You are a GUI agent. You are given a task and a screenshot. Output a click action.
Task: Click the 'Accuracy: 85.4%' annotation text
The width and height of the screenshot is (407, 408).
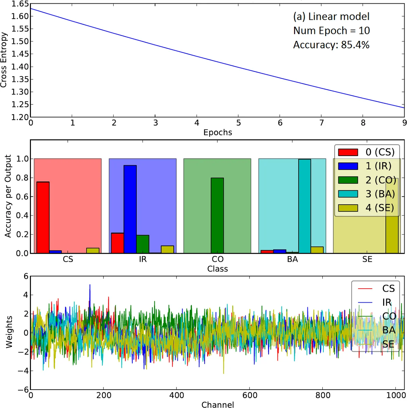[x=331, y=45]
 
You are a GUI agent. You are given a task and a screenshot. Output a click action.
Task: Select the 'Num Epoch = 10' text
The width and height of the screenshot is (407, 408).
[x=331, y=31]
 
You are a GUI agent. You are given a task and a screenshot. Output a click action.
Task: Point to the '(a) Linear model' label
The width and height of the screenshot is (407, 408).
[x=331, y=16]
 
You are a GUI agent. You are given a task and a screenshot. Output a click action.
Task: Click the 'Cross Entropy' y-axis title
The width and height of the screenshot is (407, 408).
[x=4, y=60]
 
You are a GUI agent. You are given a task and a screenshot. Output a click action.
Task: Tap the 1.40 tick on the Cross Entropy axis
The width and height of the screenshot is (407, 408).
[x=20, y=67]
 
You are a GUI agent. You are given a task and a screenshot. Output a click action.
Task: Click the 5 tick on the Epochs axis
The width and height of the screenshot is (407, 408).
[x=239, y=123]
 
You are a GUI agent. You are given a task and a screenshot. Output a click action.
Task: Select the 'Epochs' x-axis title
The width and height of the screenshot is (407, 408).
[x=218, y=133]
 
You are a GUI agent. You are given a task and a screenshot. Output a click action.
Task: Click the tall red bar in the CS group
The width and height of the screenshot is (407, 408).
[x=43, y=218]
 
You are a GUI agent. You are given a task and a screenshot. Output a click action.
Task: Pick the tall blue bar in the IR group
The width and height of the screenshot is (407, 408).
[x=130, y=209]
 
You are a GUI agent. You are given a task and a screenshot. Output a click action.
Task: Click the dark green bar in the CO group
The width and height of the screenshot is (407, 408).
[x=217, y=216]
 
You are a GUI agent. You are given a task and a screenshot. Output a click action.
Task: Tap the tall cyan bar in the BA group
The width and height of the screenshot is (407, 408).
[x=305, y=206]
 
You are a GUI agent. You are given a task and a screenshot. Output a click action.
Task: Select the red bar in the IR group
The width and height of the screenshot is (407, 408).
[x=117, y=243]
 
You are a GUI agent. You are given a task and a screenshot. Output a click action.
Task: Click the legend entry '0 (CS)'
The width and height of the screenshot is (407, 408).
[x=366, y=152]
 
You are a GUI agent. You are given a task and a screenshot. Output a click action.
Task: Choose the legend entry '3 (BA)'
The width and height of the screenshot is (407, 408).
[x=366, y=194]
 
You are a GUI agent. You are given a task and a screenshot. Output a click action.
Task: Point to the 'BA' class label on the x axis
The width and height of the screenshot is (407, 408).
[x=292, y=259]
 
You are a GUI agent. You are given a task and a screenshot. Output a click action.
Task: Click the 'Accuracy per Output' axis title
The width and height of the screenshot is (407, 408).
[x=8, y=196]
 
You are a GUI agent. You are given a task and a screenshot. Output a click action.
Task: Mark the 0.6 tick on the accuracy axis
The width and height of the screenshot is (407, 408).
[x=22, y=197]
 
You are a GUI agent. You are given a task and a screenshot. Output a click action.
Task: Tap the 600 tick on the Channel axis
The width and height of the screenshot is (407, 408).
[x=250, y=395]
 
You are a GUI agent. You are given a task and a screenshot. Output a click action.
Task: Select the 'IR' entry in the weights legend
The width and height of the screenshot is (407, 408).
[x=374, y=302]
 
